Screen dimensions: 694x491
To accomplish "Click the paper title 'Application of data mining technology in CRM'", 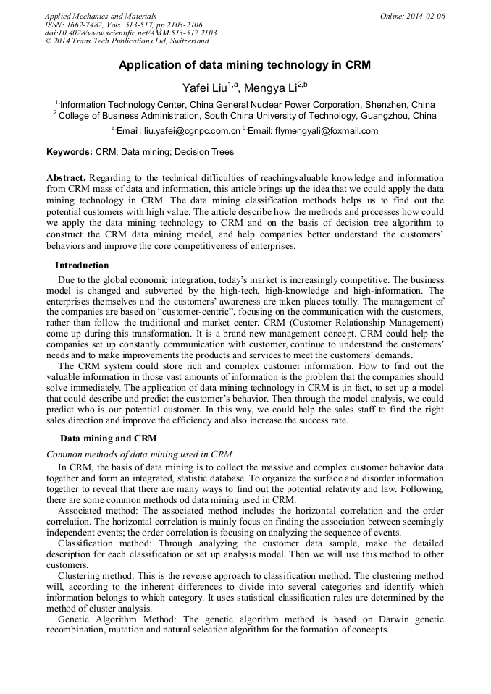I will tap(245, 65).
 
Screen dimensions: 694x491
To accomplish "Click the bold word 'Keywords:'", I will tap(70, 152).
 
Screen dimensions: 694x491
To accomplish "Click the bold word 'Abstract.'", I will tap(66, 178).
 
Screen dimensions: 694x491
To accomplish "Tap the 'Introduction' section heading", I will tap(82, 266).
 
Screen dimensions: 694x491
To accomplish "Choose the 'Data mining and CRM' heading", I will tap(108, 439).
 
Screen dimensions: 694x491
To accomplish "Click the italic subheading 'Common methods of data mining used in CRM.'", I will tap(140, 454).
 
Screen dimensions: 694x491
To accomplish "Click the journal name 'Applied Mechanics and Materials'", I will tap(100, 16).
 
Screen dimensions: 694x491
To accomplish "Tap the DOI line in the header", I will tap(130, 33).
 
